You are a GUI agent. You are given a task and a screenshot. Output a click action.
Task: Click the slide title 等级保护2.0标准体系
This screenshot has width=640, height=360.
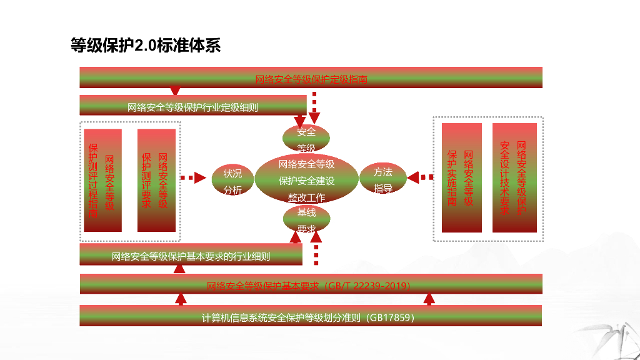click(146, 46)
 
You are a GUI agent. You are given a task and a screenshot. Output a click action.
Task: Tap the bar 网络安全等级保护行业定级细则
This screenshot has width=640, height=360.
click(192, 106)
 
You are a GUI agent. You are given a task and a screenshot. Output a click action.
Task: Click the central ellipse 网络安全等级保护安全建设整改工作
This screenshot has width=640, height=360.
click(306, 180)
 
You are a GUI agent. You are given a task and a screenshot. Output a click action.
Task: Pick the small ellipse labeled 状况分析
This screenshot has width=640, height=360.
click(232, 181)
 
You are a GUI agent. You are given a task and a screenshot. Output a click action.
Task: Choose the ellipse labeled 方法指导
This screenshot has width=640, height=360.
click(382, 179)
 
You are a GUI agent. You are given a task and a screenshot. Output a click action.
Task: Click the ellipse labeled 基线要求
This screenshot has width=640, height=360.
click(306, 220)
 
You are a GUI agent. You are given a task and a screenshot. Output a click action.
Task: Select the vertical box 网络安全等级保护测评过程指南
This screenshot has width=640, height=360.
click(102, 180)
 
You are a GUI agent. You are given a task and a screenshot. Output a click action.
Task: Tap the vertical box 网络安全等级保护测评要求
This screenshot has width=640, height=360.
click(156, 180)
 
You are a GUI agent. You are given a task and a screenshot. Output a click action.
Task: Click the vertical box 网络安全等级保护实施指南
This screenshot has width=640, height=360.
click(461, 178)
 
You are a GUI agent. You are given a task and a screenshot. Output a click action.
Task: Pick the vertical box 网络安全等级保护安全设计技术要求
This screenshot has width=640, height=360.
click(514, 178)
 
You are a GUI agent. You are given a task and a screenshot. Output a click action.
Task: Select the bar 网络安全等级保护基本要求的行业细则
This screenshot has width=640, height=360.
click(191, 255)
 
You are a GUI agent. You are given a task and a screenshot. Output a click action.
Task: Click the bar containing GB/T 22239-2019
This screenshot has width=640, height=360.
click(311, 284)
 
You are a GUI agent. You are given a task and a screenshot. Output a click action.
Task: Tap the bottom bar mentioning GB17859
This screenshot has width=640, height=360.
click(311, 316)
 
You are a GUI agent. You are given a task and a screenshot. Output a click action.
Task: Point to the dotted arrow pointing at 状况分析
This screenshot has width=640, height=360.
click(194, 178)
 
